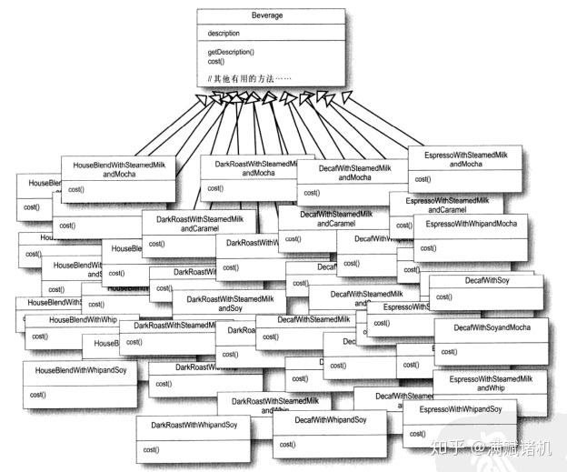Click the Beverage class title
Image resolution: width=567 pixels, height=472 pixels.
pyautogui.click(x=271, y=16)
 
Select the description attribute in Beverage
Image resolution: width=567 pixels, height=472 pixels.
pyautogui.click(x=224, y=34)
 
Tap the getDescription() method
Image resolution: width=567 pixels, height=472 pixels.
pyautogui.click(x=232, y=53)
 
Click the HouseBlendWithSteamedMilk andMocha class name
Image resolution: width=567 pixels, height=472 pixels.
pyautogui.click(x=117, y=167)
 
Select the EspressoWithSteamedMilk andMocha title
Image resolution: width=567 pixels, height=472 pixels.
pyautogui.click(x=465, y=159)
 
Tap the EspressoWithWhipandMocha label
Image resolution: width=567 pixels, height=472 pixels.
pyautogui.click(x=471, y=224)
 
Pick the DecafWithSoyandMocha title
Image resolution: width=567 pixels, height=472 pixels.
pyautogui.click(x=488, y=327)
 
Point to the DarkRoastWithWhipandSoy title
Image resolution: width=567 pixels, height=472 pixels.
pyautogui.click(x=194, y=425)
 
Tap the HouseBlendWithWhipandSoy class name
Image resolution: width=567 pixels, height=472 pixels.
pyautogui.click(x=80, y=371)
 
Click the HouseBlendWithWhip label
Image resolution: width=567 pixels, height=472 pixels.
pyautogui.click(x=83, y=320)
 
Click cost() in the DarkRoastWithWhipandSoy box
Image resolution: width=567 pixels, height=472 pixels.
pyautogui.click(x=151, y=449)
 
